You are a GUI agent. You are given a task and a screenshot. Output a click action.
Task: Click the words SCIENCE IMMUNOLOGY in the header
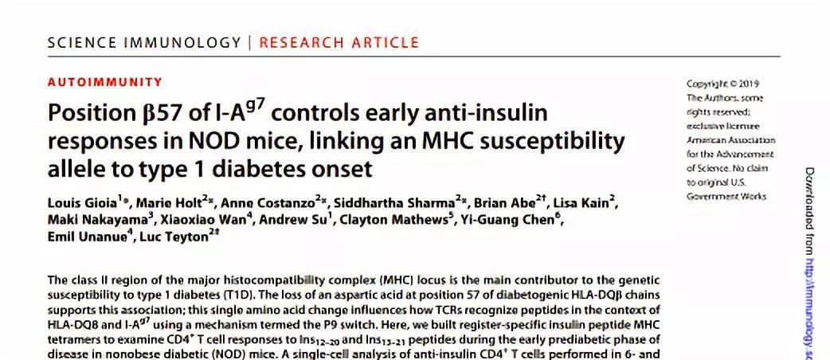point(144,42)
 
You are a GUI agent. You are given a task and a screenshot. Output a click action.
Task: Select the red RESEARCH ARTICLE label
point(339,42)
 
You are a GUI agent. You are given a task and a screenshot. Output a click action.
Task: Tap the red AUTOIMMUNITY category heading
point(105,82)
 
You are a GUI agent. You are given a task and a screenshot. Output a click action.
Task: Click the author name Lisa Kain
point(588,203)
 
